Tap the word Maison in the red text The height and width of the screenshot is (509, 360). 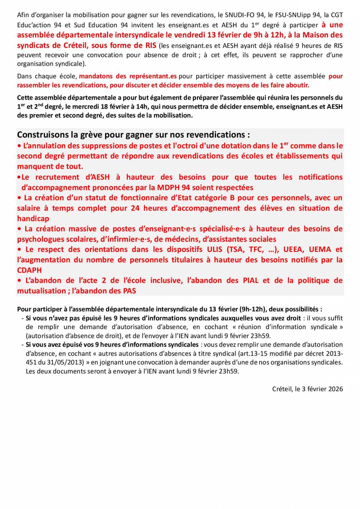click(315, 35)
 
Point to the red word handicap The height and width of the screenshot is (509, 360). click(33, 219)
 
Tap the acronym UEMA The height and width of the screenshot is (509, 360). click(320, 250)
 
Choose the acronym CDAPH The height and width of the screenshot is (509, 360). click(29, 270)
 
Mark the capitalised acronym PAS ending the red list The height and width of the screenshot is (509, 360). click(129, 291)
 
